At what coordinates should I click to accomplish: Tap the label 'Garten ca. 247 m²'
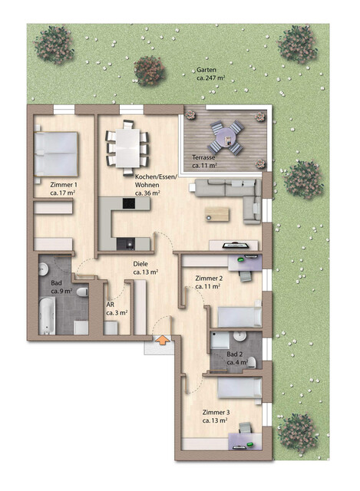[210, 74]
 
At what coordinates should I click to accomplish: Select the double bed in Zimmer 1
[56, 154]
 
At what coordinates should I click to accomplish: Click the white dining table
[127, 148]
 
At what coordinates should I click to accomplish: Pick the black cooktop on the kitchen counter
[129, 203]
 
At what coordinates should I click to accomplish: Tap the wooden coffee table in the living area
[216, 214]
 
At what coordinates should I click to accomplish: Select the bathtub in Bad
[47, 315]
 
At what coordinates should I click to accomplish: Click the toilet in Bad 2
[252, 363]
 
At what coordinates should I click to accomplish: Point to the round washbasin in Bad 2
[240, 336]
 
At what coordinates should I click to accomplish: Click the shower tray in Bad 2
[220, 341]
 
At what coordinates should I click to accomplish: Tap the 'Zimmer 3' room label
[216, 412]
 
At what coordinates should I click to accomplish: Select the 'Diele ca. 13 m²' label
[145, 268]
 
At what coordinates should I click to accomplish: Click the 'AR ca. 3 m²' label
[117, 308]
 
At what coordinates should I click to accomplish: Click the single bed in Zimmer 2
[239, 317]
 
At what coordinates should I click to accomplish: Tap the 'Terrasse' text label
[203, 157]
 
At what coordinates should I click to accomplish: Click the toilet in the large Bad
[82, 292]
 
